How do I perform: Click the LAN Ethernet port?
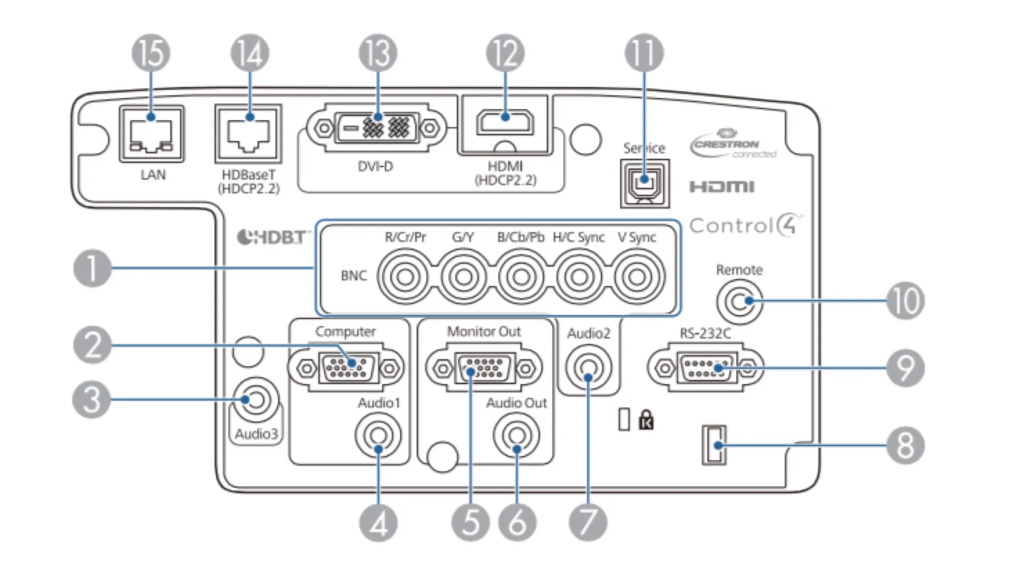(x=151, y=134)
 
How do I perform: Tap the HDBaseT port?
(x=248, y=133)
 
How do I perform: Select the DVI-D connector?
(x=376, y=128)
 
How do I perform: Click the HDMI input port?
(x=504, y=122)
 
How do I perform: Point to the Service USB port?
(x=644, y=183)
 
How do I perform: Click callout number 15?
(x=151, y=53)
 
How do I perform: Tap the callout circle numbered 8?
(x=905, y=446)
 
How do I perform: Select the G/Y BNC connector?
(x=464, y=276)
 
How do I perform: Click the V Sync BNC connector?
(x=637, y=276)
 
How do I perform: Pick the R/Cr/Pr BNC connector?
(x=405, y=276)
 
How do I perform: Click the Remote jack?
(x=739, y=301)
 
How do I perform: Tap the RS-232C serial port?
(x=705, y=367)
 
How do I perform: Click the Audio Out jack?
(x=517, y=435)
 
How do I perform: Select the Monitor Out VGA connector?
(x=484, y=368)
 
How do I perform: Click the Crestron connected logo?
(x=733, y=143)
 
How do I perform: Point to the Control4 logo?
(x=745, y=225)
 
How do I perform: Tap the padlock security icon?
(x=646, y=420)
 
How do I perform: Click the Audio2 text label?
(x=589, y=333)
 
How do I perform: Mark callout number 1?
(x=92, y=268)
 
